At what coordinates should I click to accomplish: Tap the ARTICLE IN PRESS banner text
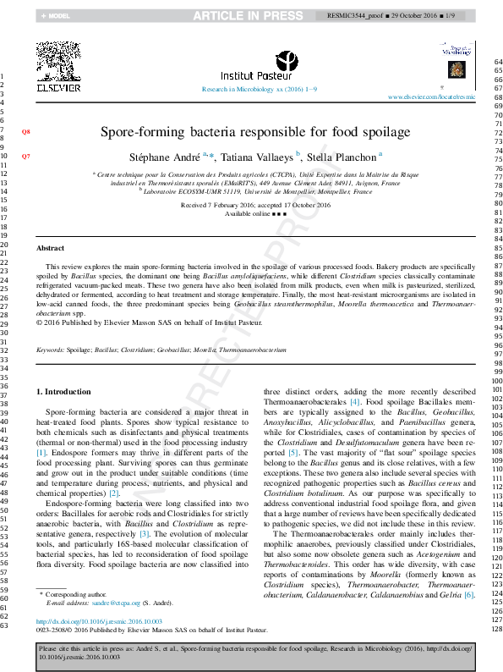tap(248, 15)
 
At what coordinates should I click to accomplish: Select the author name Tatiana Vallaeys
tap(262, 157)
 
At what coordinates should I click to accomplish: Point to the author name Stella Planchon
tap(342, 157)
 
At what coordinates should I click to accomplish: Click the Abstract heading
tap(50, 247)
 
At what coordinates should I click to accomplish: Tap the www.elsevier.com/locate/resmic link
tap(431, 97)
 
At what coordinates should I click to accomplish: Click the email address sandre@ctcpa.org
tap(108, 603)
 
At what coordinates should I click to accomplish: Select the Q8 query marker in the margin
tap(25, 132)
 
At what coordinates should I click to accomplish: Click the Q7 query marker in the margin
tap(25, 157)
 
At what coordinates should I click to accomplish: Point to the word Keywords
tap(50, 349)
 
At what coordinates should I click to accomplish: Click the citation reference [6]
tap(469, 595)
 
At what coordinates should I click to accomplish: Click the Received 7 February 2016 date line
tap(255, 205)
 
